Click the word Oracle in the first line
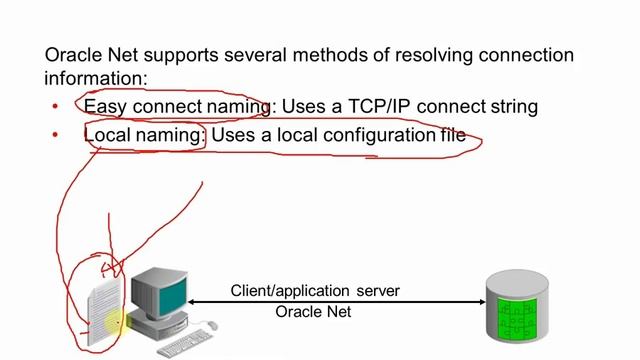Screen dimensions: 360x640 point(73,54)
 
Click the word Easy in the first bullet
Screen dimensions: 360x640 point(104,106)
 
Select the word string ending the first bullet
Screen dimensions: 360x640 point(512,106)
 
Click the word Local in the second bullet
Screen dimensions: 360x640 point(106,135)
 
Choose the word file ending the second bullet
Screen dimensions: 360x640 point(452,135)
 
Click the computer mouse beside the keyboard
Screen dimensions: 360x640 point(209,324)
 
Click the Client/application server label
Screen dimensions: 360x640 point(315,291)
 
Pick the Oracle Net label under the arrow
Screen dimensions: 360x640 point(313,312)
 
